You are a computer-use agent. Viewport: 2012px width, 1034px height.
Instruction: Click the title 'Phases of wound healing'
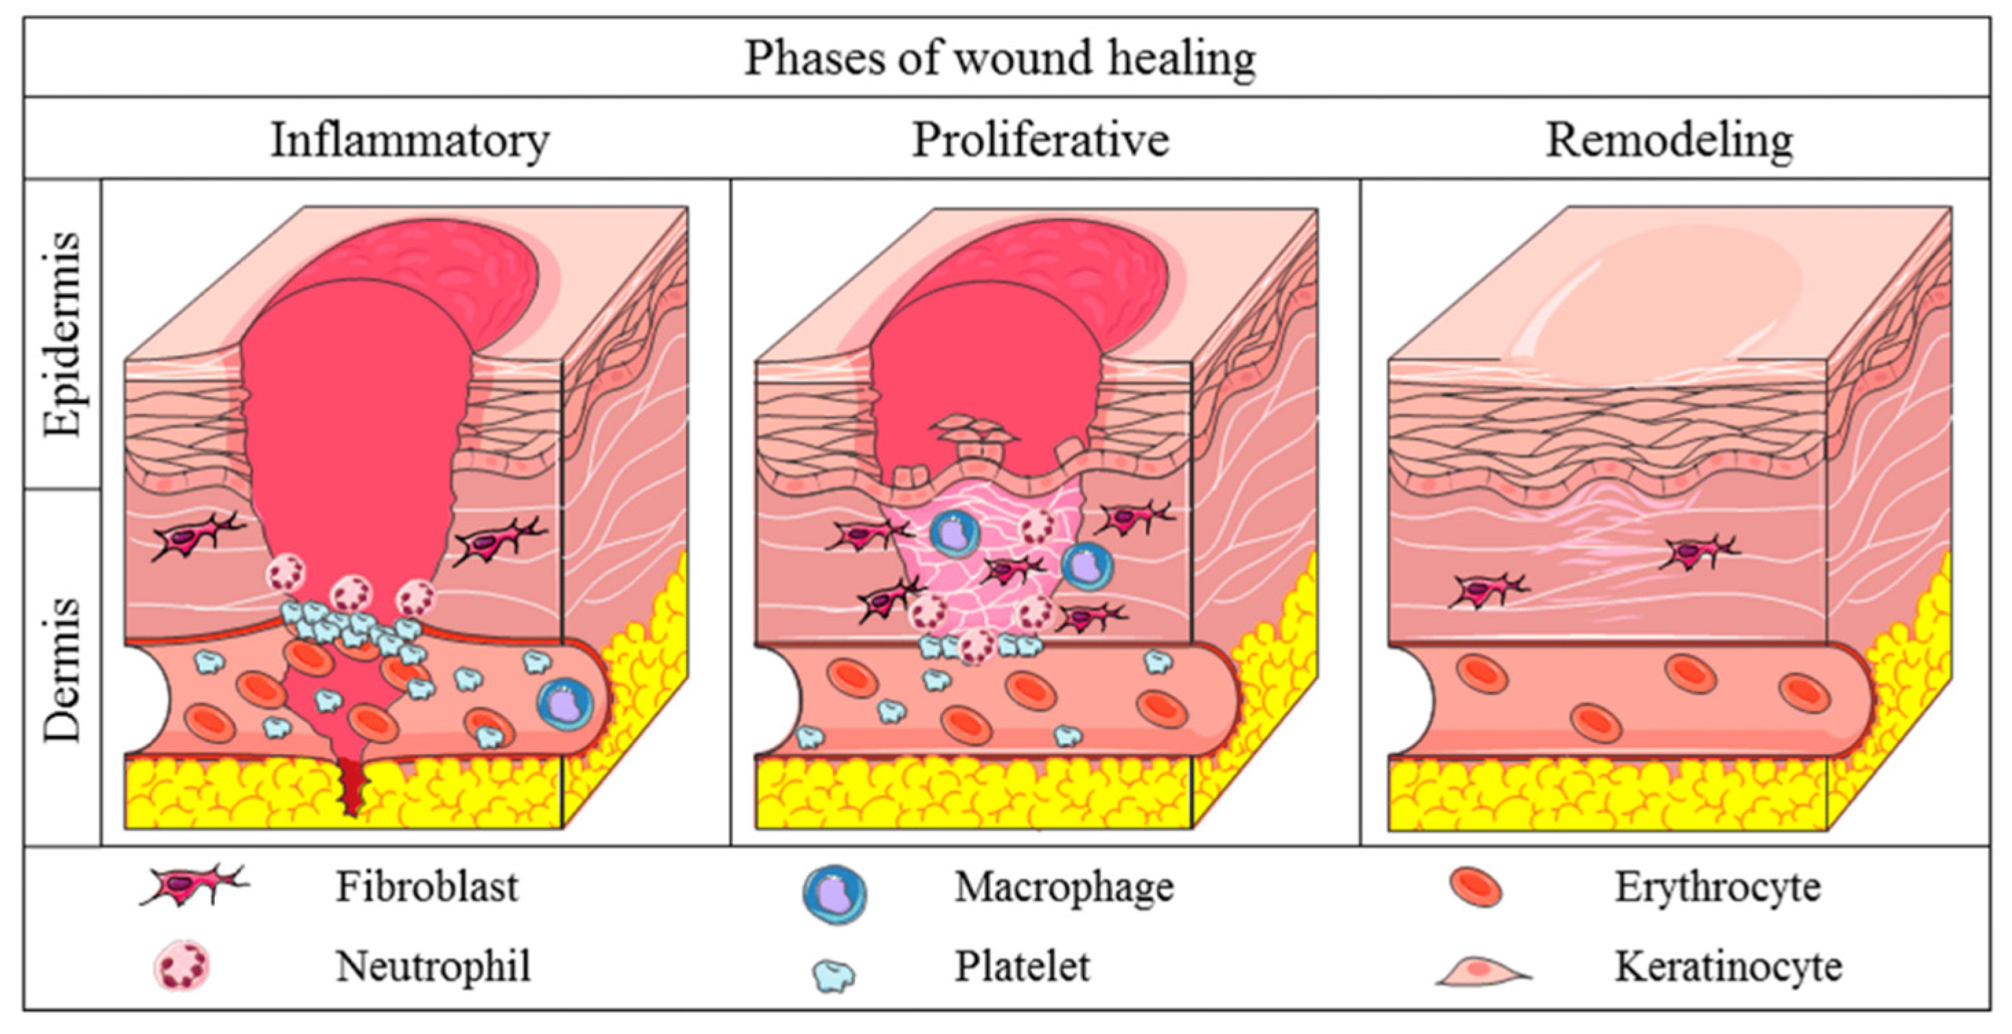(1000, 58)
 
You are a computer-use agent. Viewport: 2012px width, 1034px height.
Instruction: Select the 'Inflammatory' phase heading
(410, 141)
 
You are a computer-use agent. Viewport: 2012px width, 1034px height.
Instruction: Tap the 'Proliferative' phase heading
(1040, 141)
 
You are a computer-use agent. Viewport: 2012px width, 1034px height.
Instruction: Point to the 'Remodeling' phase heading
(1669, 141)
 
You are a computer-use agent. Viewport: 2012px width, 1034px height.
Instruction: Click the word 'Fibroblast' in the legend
(426, 887)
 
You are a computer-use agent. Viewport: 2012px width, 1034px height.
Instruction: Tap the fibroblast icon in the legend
(194, 887)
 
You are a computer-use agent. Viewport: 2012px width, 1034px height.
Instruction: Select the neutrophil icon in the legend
(183, 965)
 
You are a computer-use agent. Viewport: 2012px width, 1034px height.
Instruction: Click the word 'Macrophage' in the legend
(1064, 887)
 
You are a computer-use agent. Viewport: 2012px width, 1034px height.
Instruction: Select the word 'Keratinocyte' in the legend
(1728, 967)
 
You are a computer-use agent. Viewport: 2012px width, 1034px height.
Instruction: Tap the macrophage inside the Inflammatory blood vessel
(564, 704)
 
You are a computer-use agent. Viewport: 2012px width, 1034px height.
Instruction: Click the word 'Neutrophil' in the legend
(433, 967)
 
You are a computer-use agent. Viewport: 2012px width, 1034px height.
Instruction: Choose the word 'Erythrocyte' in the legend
(1717, 887)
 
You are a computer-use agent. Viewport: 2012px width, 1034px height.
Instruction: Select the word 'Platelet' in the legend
(1022, 967)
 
